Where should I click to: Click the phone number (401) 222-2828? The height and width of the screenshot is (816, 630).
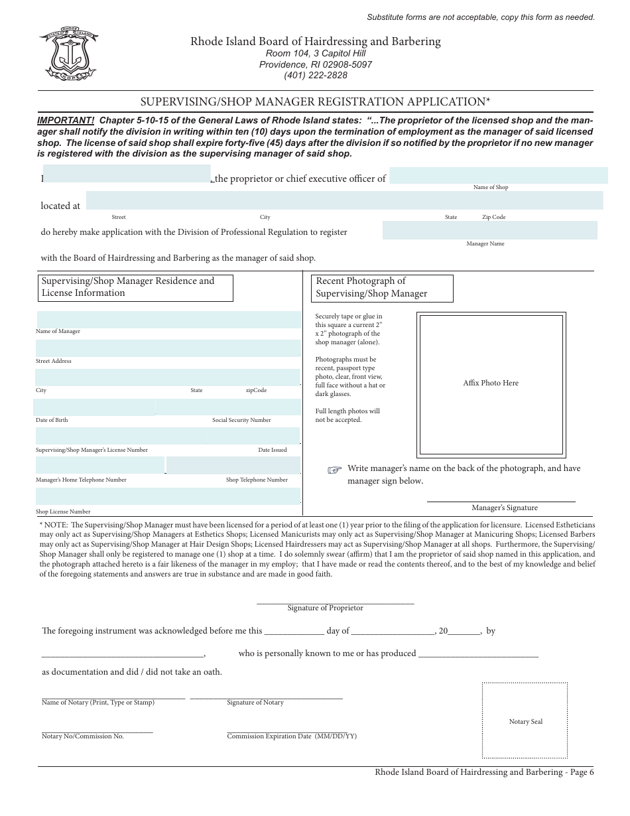click(316, 75)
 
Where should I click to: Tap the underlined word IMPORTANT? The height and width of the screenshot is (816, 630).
click(66, 120)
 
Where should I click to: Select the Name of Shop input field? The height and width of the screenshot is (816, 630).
click(499, 175)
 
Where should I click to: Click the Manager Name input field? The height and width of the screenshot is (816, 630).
click(489, 230)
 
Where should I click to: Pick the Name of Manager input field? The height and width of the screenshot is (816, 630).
click(168, 320)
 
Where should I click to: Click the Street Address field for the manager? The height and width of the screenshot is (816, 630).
click(168, 349)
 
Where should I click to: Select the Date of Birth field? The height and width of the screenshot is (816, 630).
click(95, 407)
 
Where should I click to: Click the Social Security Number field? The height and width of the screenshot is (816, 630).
click(227, 407)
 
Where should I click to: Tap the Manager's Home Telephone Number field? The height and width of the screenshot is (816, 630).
click(100, 465)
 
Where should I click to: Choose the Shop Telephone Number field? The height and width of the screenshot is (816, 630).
click(233, 465)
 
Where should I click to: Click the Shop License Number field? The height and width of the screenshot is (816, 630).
click(168, 496)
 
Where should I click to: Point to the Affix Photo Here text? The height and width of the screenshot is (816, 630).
click(491, 383)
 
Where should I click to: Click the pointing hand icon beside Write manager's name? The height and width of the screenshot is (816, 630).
click(335, 470)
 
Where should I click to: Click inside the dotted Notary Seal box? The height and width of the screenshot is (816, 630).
click(525, 720)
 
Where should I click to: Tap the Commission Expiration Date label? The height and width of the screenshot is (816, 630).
click(292, 736)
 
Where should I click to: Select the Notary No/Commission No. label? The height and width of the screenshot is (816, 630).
click(83, 736)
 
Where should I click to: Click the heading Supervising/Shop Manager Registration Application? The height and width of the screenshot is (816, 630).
click(315, 102)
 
